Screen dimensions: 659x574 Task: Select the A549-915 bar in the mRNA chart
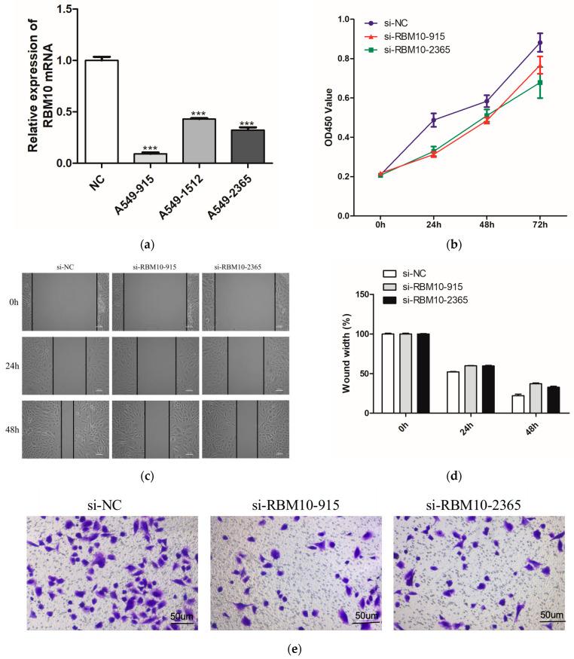click(x=146, y=158)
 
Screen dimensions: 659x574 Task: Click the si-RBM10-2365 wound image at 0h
click(x=245, y=302)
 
